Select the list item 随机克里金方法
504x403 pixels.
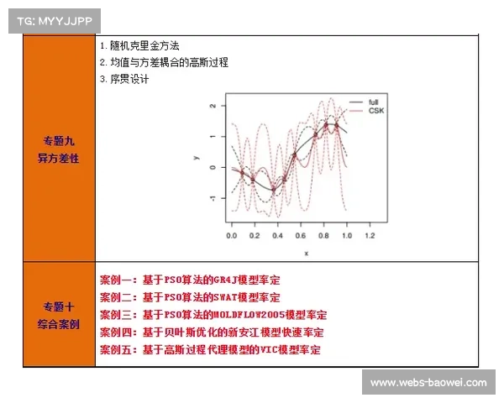[144, 46]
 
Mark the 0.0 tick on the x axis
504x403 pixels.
[233, 238]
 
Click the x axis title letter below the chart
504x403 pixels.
[306, 252]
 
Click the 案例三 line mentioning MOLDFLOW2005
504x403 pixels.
[213, 315]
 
